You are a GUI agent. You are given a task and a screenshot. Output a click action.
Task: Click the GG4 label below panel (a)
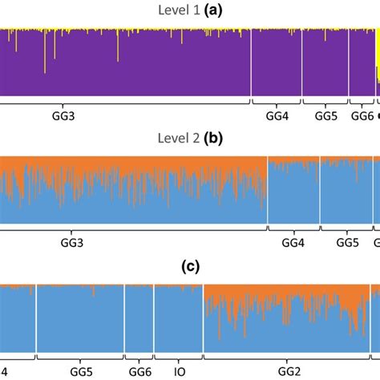(277, 116)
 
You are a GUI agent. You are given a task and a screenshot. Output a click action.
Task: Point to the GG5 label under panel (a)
(325, 116)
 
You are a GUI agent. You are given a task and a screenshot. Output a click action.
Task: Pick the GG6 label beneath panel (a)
(362, 116)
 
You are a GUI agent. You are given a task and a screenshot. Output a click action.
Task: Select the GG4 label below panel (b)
(293, 242)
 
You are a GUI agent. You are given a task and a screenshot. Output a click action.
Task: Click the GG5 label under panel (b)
(346, 242)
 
